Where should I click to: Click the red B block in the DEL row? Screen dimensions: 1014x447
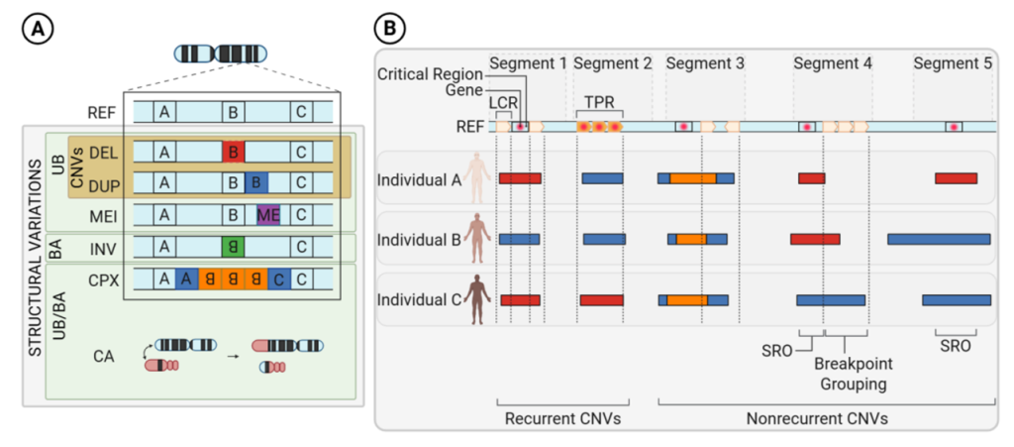pos(234,152)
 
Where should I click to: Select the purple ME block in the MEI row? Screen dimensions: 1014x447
pos(268,214)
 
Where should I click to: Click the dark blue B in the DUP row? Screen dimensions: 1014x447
pos(256,183)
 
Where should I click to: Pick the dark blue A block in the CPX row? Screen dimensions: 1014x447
pos(187,279)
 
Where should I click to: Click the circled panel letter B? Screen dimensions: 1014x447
pos(390,30)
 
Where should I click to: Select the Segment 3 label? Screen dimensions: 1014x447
pos(705,63)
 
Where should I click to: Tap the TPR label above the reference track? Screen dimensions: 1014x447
pos(599,101)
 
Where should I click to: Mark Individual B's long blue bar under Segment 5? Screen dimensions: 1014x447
pos(939,239)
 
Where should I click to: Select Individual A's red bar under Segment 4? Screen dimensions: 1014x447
pos(812,177)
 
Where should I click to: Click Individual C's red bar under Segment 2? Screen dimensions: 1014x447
pos(602,300)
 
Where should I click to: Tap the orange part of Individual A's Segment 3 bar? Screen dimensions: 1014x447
pos(693,177)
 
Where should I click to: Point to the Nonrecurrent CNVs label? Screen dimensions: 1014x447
pos(817,418)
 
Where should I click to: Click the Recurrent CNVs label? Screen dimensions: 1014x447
pos(564,418)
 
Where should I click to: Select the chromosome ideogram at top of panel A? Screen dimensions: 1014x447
pos(221,54)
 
